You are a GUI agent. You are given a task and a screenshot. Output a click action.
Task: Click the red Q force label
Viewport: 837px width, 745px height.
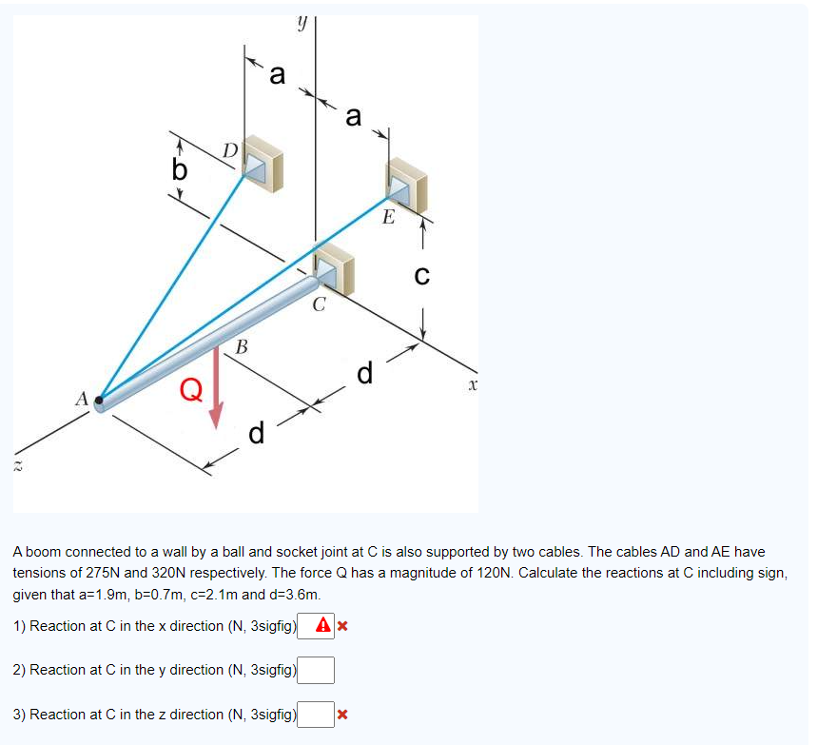pos(190,388)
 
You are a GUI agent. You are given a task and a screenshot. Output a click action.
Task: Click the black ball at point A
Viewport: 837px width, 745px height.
pos(99,401)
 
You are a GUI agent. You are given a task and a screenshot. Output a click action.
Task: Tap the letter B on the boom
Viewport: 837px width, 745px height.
pos(241,347)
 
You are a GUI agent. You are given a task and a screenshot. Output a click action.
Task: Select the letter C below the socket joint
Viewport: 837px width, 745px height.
pos(320,306)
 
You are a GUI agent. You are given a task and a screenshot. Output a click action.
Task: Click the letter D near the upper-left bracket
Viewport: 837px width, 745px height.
pos(229,150)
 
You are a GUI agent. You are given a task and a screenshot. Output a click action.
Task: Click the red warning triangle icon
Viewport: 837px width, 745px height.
pos(323,626)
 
